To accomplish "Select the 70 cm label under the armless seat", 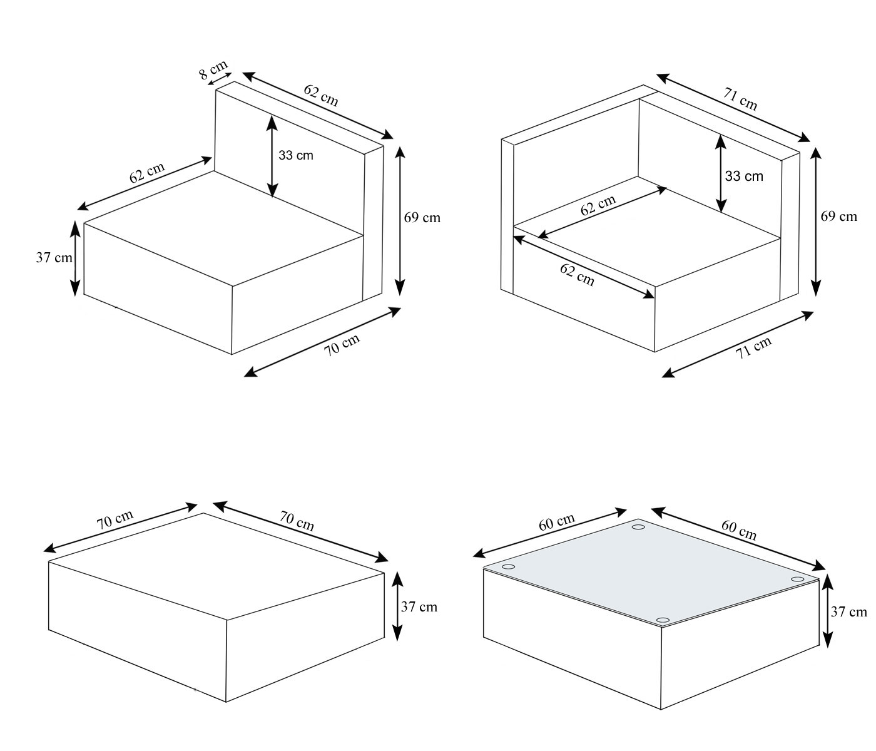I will click(342, 345).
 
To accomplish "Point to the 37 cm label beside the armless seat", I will click(54, 257).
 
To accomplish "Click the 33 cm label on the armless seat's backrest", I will click(296, 155).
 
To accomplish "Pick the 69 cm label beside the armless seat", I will click(422, 218).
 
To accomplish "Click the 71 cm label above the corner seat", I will click(741, 100).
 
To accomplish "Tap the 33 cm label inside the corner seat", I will click(744, 176).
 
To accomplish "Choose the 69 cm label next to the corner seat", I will click(838, 217).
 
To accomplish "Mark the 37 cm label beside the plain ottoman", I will click(419, 606).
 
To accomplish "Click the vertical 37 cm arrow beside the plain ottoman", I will click(397, 606).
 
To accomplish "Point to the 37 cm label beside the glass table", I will click(849, 612).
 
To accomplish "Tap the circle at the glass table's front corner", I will click(662, 620).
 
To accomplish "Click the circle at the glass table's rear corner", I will click(638, 527).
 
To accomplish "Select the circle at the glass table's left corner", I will click(508, 567).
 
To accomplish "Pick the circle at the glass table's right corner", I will click(797, 580).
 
